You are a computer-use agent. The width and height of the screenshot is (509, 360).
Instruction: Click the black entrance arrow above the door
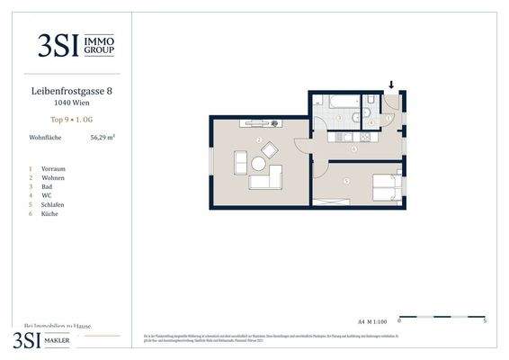point(391,85)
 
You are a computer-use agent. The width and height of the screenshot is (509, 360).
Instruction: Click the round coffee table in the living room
point(259,165)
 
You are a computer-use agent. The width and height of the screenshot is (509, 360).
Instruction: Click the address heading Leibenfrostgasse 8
point(71,91)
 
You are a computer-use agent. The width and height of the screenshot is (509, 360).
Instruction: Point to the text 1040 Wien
point(71,103)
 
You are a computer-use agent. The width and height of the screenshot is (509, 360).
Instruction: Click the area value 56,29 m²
point(103,138)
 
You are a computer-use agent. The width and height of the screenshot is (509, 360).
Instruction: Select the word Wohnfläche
point(45,138)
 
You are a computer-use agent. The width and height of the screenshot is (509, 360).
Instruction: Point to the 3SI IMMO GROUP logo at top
point(76,44)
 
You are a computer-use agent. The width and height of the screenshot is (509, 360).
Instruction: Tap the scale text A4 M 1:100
point(372,320)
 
